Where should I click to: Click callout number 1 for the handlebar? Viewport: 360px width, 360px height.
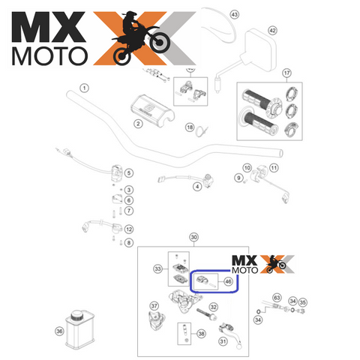pos(84,88)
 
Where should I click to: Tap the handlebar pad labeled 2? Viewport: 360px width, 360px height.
pos(152,109)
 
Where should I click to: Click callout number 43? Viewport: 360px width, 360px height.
pos(234,14)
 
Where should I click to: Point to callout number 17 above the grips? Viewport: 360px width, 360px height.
pos(286,73)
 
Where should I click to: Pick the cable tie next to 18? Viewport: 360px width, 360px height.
pos(202,131)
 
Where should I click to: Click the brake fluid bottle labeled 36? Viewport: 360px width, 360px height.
pos(79,329)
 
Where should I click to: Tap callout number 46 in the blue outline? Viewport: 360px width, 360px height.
pos(228,281)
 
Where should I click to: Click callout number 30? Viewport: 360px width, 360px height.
pos(194,237)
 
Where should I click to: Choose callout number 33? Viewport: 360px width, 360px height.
pos(157,269)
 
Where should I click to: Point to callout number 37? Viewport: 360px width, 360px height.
pos(154,306)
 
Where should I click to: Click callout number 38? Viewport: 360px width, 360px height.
pos(201,334)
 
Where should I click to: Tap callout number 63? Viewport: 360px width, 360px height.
pos(277,298)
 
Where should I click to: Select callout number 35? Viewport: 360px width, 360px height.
pos(302,302)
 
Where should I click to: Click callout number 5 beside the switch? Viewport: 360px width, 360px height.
pos(129,173)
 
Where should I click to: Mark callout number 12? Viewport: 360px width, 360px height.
pos(129,229)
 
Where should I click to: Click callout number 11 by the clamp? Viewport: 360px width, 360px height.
pos(274,168)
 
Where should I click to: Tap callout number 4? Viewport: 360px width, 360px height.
pos(197,187)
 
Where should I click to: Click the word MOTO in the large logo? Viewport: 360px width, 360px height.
pos(49,56)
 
